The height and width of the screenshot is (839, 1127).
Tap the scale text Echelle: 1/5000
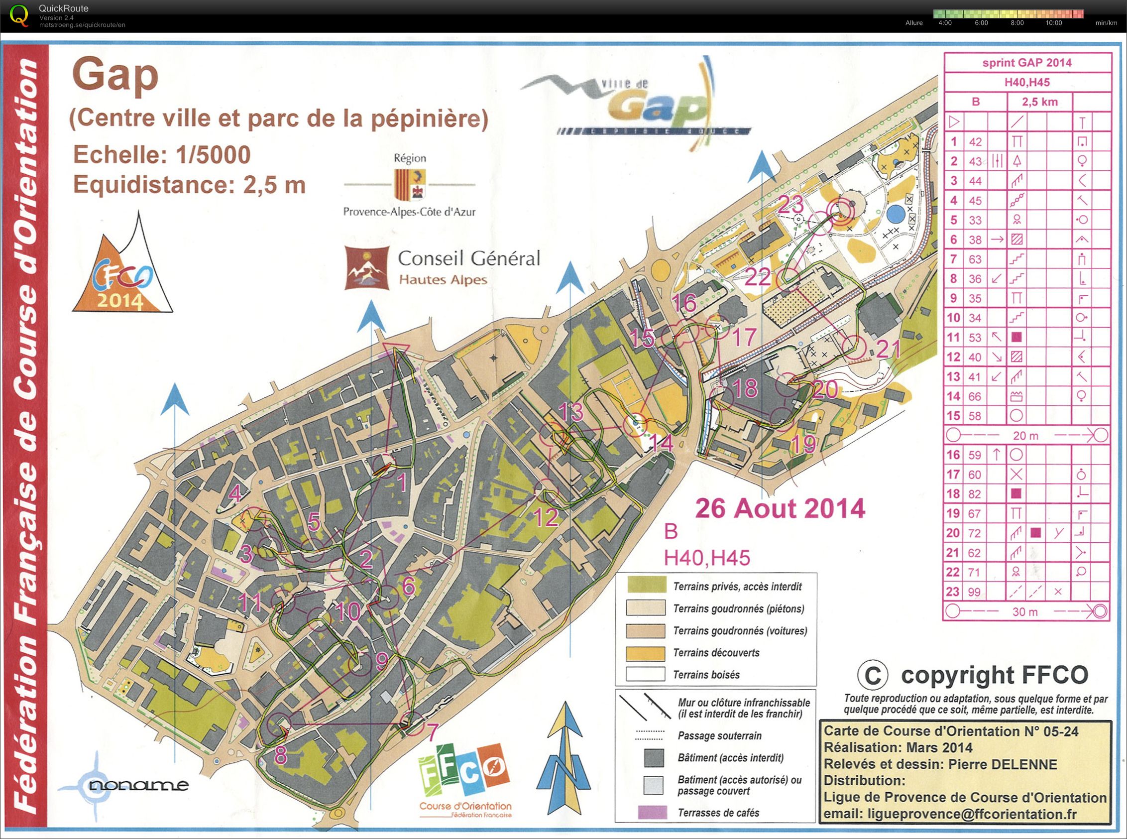[162, 155]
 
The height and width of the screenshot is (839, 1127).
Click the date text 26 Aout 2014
[779, 508]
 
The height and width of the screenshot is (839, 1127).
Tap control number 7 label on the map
[432, 732]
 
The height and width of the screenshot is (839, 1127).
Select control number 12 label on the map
[546, 517]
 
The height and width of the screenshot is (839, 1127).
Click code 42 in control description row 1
[975, 141]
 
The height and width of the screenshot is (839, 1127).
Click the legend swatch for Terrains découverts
[646, 653]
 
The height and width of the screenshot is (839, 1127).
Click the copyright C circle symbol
[873, 675]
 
